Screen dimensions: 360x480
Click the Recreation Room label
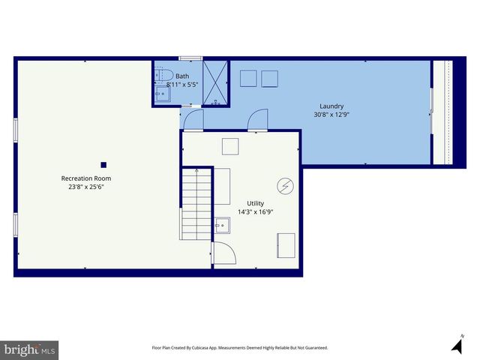tap(86, 178)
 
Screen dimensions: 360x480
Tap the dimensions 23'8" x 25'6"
tap(86, 187)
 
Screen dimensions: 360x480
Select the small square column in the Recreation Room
tap(103, 165)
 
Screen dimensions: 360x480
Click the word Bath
tap(182, 76)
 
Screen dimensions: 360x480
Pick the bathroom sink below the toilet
tap(163, 94)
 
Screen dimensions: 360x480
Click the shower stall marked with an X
tap(216, 82)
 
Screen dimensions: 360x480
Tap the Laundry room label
tap(331, 106)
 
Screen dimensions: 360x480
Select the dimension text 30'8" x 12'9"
tap(331, 115)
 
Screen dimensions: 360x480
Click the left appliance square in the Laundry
tap(249, 79)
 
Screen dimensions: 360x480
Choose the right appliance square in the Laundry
tap(269, 79)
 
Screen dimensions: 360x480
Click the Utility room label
tap(256, 203)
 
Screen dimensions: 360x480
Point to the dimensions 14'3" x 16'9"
tap(256, 212)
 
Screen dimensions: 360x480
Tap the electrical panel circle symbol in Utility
tap(285, 185)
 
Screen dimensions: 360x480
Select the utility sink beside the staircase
tap(222, 224)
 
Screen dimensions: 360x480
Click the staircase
tap(195, 203)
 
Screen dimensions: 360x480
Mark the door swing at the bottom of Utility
tap(223, 253)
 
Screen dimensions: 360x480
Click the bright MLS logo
tap(30, 350)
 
